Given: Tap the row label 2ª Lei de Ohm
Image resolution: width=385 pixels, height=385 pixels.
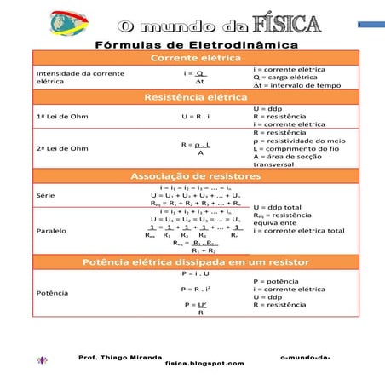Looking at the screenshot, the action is pyautogui.click(x=62, y=148).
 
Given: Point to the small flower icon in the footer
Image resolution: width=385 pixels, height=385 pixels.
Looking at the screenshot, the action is pyautogui.click(x=42, y=360).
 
